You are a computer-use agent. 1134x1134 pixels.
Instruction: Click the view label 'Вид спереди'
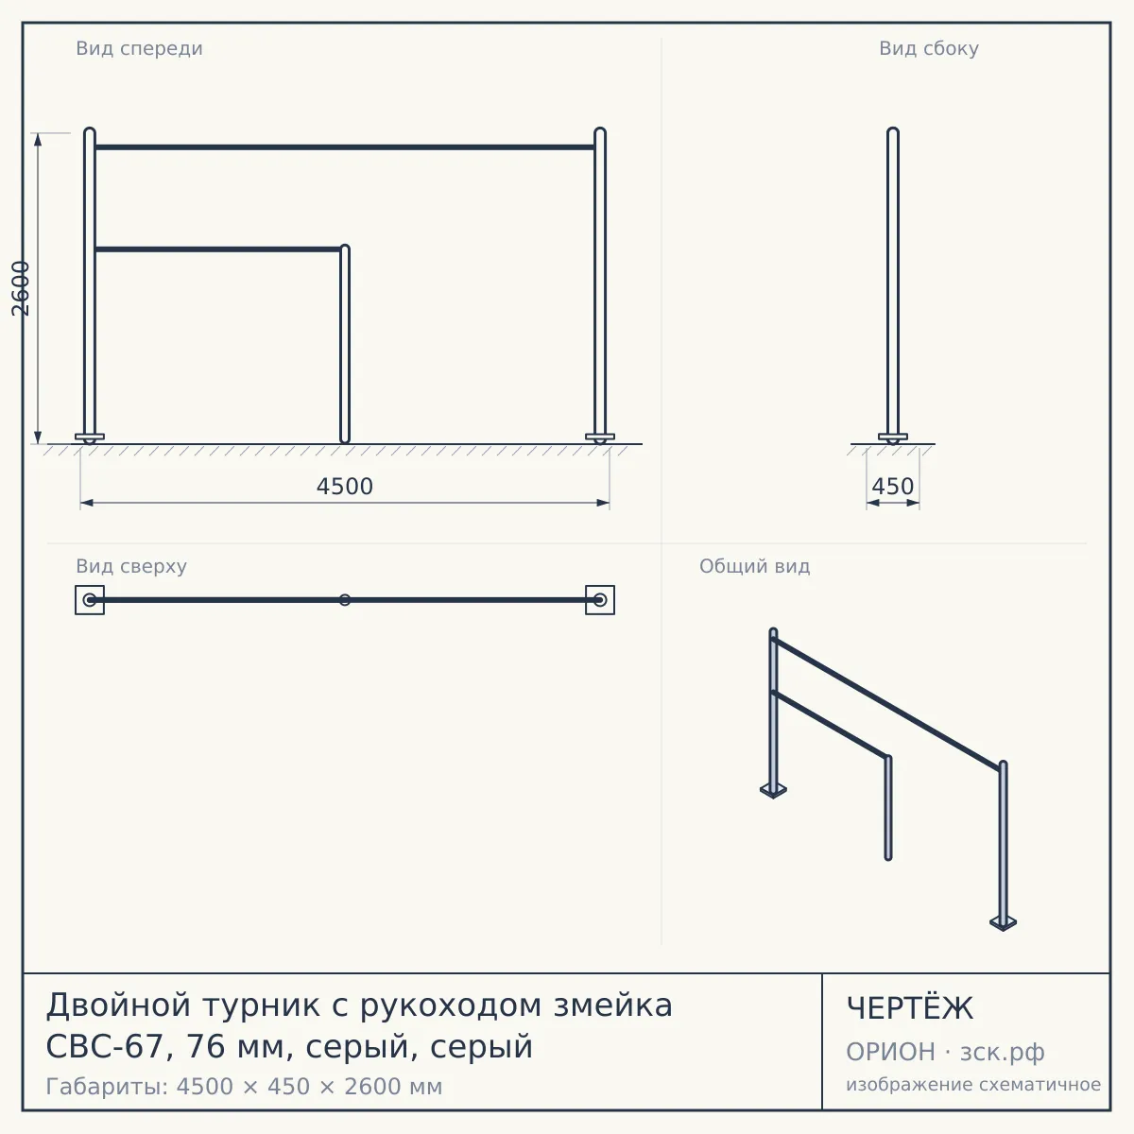coord(139,48)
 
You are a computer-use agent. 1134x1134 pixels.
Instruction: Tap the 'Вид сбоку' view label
coord(929,48)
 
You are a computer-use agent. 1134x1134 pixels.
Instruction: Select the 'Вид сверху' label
coord(131,566)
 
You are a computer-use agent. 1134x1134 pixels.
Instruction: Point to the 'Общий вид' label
coord(754,566)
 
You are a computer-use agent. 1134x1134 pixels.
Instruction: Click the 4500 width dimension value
coord(344,487)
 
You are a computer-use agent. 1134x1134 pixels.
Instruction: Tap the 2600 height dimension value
coord(21,288)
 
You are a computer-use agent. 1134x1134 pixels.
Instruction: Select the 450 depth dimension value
coord(892,487)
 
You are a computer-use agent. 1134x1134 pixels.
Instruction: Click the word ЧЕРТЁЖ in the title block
coord(909,1008)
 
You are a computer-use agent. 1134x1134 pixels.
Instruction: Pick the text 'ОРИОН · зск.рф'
coord(945,1052)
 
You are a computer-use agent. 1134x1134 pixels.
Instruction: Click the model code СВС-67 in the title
coord(105,1047)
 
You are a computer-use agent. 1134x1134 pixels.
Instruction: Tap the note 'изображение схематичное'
coord(973,1084)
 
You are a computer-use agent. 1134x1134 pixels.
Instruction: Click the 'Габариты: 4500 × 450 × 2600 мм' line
coord(244,1087)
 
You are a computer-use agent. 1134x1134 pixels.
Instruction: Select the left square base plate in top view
coord(90,600)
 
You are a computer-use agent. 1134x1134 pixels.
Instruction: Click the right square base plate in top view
coord(600,600)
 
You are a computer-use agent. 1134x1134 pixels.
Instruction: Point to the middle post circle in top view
coord(345,600)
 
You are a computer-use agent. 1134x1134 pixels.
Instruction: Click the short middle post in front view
coord(345,344)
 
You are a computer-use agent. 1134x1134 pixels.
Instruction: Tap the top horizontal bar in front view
coord(345,147)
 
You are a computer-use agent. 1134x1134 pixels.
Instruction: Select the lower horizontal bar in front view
coord(217,249)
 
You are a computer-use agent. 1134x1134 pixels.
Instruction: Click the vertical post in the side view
coord(893,283)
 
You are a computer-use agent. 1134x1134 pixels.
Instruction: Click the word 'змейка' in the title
coord(612,1005)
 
